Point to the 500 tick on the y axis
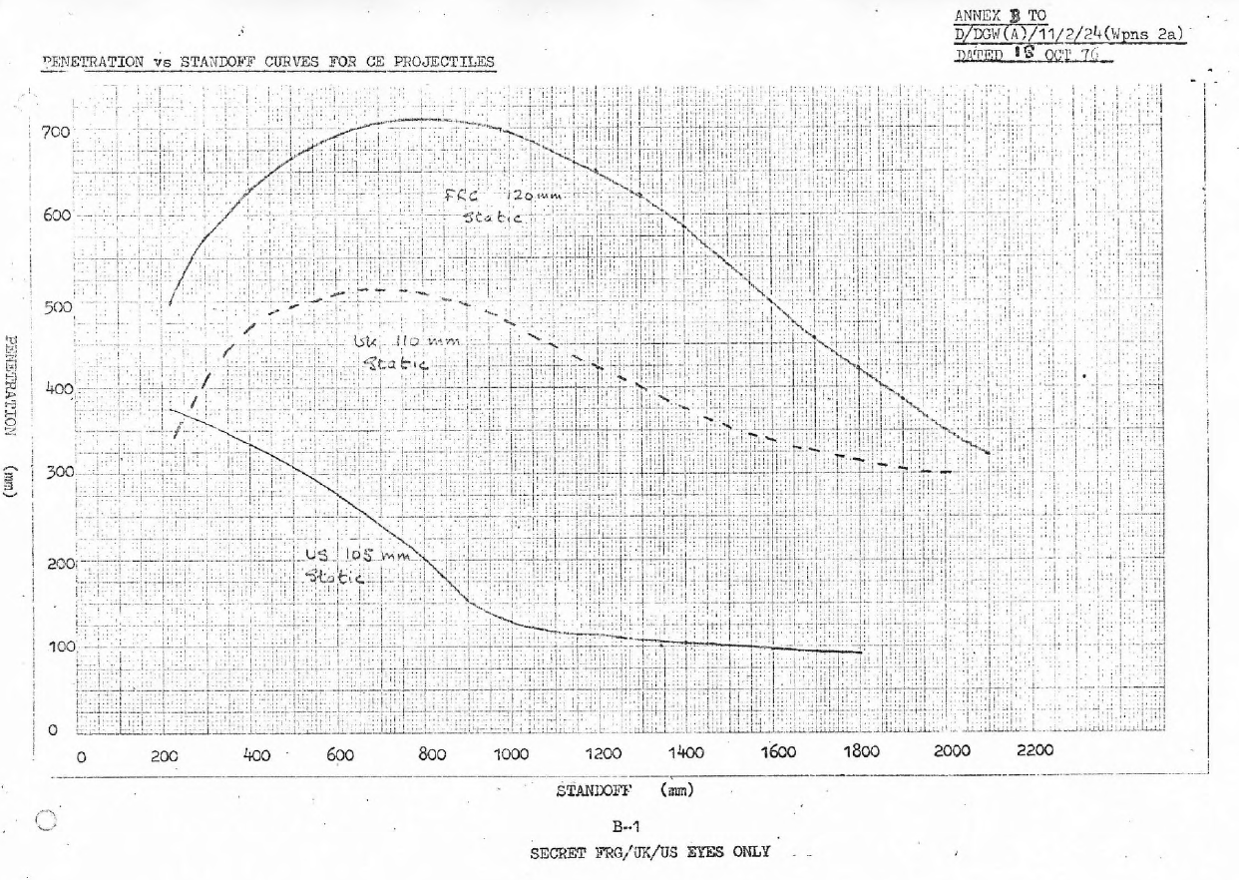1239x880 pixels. [x=56, y=307]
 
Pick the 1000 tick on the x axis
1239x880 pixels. [x=511, y=755]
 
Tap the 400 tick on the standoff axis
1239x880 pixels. [x=256, y=755]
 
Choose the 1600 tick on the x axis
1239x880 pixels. [x=777, y=755]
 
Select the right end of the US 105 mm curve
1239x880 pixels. [x=860, y=653]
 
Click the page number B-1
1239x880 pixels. [x=626, y=826]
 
